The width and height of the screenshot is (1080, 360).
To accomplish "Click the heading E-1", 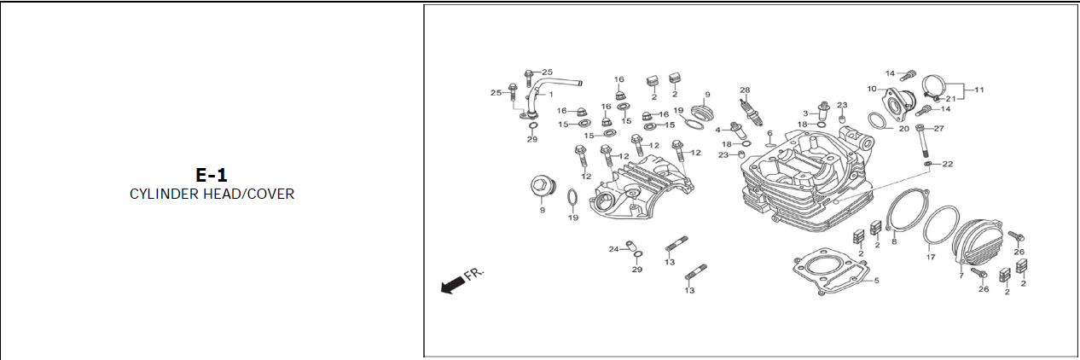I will tap(212, 176).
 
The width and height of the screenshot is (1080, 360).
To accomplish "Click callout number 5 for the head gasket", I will tap(876, 280).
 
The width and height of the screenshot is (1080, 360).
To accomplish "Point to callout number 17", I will tap(931, 255).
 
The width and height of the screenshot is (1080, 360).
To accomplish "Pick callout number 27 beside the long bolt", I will tap(939, 129).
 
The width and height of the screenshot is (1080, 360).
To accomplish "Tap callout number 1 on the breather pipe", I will tap(550, 94).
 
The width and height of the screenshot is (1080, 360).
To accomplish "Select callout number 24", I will tap(613, 249).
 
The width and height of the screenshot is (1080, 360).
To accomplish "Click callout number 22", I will tap(947, 164).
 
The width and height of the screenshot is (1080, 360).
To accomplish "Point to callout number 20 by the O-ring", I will tap(903, 129).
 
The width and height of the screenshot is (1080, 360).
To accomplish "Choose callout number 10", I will tap(872, 89).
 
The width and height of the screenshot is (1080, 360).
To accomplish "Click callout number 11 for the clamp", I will tap(978, 89).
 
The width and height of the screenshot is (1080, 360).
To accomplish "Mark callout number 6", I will tap(769, 133).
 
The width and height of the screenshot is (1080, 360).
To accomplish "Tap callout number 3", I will tap(804, 113).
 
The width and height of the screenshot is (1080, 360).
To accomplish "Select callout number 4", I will tap(718, 130).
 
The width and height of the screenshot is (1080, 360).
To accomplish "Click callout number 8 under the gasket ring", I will tap(894, 241).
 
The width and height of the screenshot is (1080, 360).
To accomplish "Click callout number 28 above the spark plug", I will tap(745, 90).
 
